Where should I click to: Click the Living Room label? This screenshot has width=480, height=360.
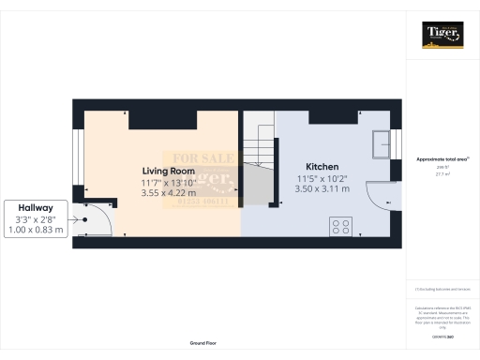pyautogui.click(x=168, y=171)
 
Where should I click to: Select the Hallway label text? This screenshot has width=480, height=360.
pyautogui.click(x=37, y=207)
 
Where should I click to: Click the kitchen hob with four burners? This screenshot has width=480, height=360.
pyautogui.click(x=339, y=225)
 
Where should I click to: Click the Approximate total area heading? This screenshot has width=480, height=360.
pyautogui.click(x=442, y=159)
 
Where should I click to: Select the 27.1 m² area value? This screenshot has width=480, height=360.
pyautogui.click(x=442, y=173)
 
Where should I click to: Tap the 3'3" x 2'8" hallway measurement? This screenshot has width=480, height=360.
pyautogui.click(x=37, y=218)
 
